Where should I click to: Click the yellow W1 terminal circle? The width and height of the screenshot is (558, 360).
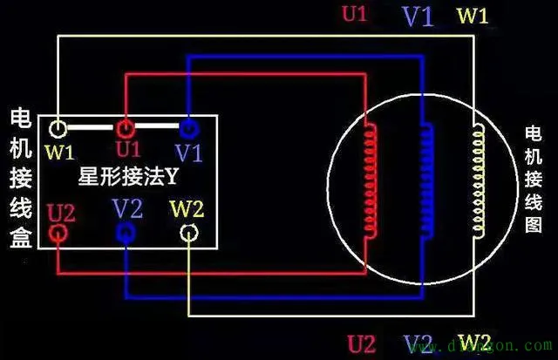click(x=58, y=129)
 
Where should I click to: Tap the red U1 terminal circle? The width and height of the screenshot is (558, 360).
click(x=126, y=129)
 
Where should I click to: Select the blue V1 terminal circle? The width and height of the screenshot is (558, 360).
click(x=188, y=129)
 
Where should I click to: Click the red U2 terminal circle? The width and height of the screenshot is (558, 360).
click(x=58, y=233)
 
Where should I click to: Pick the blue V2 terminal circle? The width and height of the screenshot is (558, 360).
click(x=126, y=232)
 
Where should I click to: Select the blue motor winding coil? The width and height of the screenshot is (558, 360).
click(x=426, y=180)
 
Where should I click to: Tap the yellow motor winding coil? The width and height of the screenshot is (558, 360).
click(x=478, y=180)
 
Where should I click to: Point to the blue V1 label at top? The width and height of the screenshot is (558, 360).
click(x=417, y=17)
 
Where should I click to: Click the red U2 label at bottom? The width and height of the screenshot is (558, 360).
click(x=363, y=343)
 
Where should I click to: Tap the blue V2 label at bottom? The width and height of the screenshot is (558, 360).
click(x=418, y=343)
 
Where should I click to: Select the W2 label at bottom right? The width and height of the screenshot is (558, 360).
click(x=474, y=341)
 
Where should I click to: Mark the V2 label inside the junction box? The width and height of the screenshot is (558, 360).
click(x=127, y=208)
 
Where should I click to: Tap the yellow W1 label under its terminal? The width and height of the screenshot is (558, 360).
click(x=60, y=153)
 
